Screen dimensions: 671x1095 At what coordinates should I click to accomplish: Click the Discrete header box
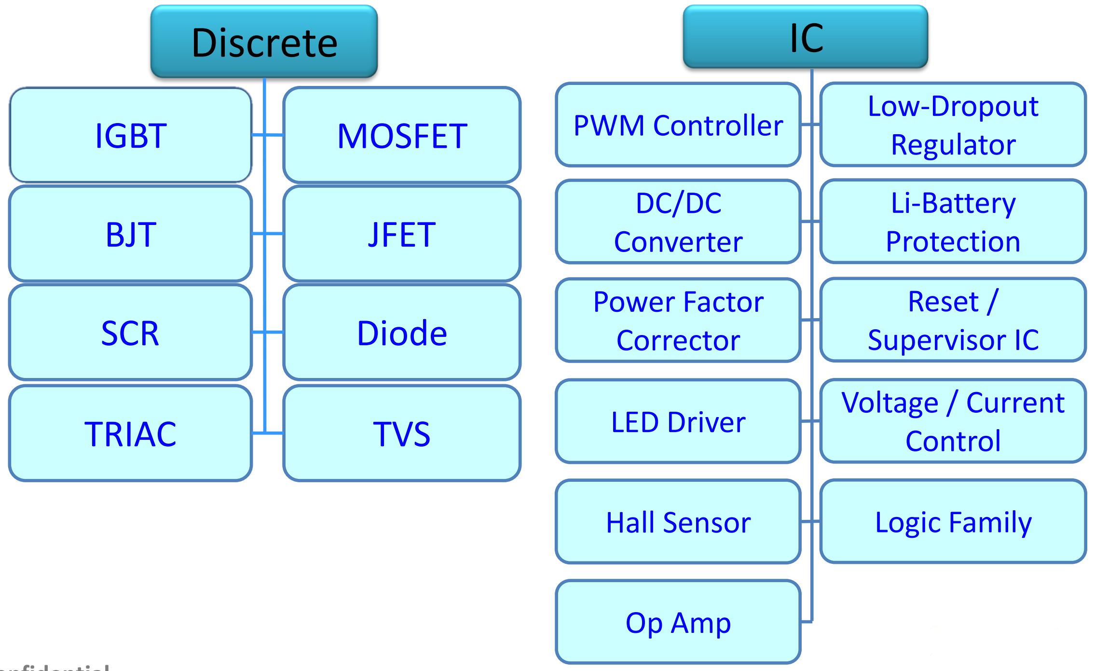pos(264,42)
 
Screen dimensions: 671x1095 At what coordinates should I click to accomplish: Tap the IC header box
pos(806,37)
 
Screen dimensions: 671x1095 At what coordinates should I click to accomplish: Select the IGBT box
pos(131,135)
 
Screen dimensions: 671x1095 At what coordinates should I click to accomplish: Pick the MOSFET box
pos(402,135)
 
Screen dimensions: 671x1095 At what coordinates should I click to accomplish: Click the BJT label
pos(131,235)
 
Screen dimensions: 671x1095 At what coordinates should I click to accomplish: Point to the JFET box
pos(402,235)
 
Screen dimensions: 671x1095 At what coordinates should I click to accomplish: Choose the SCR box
pos(130,333)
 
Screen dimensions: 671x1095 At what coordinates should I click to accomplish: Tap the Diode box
pos(402,333)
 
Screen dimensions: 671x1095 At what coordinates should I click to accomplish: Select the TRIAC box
pos(130,433)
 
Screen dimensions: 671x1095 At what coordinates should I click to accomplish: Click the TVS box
pos(402,433)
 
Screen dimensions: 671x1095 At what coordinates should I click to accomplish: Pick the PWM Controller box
pos(678,126)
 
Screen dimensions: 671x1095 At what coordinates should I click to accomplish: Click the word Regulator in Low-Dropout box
pos(953,145)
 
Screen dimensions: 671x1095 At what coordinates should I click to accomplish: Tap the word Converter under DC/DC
pos(678,242)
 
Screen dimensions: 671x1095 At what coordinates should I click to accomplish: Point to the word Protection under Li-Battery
pos(953,241)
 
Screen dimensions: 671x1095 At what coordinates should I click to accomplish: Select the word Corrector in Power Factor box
pos(678,340)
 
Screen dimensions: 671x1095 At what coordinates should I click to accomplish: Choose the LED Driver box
pos(678,422)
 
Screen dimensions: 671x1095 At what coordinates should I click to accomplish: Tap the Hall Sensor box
pos(678,522)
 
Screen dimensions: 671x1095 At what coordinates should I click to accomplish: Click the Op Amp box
pos(678,622)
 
